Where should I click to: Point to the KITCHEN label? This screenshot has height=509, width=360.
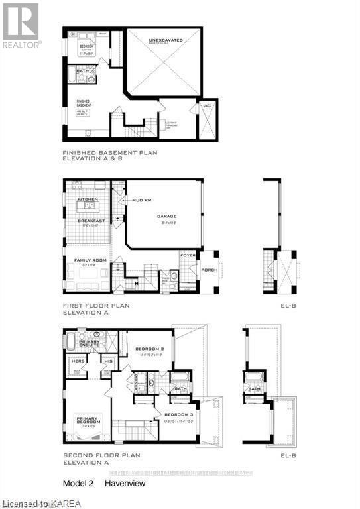tap(89, 199)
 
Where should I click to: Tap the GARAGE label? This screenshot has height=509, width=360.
tap(166, 216)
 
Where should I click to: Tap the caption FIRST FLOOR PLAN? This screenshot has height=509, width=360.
tap(96, 306)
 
